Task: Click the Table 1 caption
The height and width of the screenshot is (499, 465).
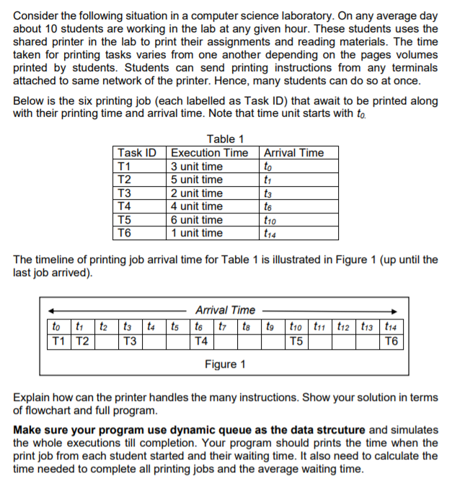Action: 225,139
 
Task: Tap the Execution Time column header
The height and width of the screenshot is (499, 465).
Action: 209,153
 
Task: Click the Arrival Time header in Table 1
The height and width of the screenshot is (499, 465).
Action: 294,153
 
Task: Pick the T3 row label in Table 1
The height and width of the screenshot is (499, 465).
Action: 125,193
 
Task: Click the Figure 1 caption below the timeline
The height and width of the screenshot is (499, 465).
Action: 225,364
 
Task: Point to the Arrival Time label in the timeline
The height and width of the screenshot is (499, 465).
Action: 225,310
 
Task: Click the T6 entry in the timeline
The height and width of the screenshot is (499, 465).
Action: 392,340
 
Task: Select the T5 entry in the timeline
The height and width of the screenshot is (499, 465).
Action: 295,340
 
